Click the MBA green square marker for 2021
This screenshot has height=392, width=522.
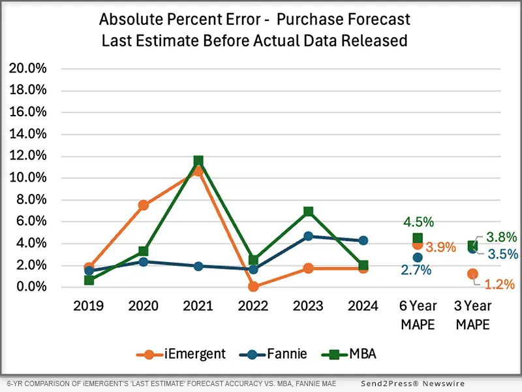pos(198,161)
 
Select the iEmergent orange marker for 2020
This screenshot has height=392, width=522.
pos(144,205)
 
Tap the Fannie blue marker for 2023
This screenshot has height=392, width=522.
pos(308,236)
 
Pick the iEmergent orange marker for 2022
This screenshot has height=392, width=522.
pos(253,286)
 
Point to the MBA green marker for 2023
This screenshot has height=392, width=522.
pos(308,212)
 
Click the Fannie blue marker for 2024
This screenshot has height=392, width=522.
pos(363,240)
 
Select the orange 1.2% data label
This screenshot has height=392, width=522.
pos(500,284)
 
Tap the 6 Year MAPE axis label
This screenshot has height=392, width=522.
pos(417,315)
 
